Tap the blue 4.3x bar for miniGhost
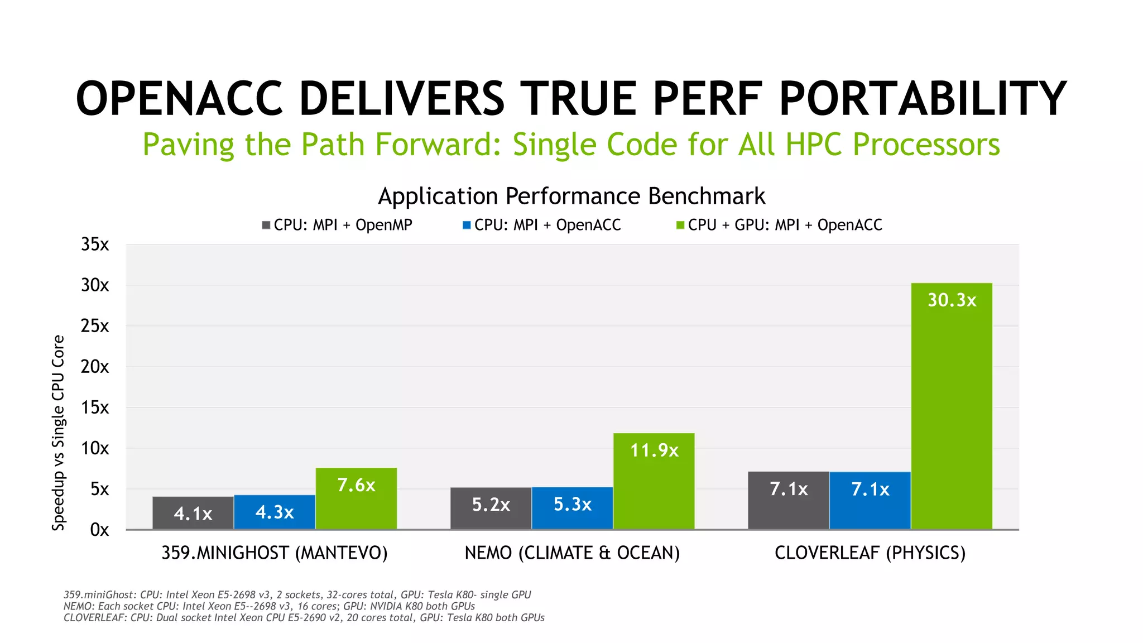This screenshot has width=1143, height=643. coord(275,512)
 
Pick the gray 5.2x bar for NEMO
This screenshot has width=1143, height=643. coord(491,508)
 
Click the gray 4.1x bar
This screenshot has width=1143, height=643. coord(193,513)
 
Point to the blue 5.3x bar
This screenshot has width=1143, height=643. coord(572,508)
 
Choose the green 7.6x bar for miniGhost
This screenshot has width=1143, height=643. coord(356,498)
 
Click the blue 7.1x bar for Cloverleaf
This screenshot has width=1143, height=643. coord(870,500)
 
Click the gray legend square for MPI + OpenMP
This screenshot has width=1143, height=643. coord(266,225)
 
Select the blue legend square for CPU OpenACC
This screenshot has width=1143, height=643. coord(467,225)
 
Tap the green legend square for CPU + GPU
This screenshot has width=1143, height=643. coord(680,225)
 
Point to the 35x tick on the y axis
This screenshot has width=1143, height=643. coord(95,244)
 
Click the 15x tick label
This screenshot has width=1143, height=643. coord(95,407)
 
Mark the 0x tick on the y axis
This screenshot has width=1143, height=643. coord(99,530)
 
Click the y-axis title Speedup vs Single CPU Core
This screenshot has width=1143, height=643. coord(59,433)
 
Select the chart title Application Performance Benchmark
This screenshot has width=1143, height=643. coord(571,196)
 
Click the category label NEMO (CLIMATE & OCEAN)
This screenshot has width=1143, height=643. coord(572,553)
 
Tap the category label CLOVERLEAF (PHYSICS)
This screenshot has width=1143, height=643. coord(870,553)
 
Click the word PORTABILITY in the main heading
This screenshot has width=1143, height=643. coord(922,99)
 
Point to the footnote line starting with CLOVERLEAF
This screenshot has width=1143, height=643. coord(304,618)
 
